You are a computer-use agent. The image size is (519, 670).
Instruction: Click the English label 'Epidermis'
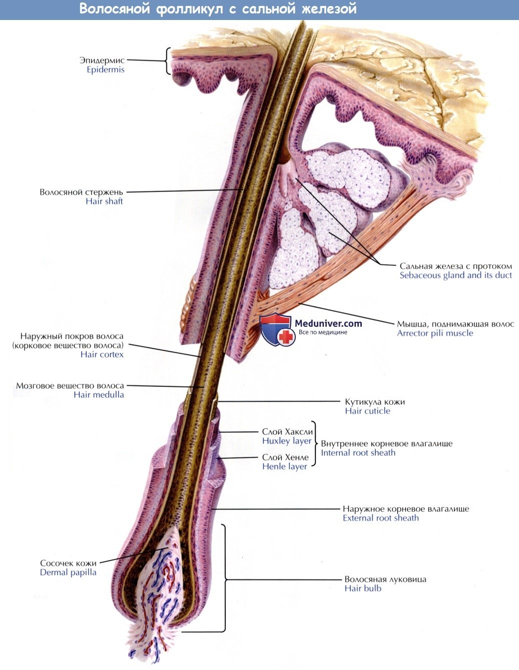[x=105, y=70]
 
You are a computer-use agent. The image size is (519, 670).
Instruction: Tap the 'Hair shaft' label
[x=104, y=201]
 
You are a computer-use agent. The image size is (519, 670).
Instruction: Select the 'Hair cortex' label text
[x=102, y=354]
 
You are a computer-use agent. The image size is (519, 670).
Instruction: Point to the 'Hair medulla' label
[x=99, y=394]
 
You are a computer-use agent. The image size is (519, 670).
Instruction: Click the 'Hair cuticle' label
[x=367, y=411]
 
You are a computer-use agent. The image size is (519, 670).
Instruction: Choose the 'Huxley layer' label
[x=287, y=441]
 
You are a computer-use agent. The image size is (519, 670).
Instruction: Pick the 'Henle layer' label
[x=285, y=466]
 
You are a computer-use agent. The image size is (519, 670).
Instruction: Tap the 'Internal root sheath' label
[x=358, y=453]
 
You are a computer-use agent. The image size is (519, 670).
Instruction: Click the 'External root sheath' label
[x=380, y=518]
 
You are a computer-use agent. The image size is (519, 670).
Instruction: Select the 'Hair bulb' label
[x=363, y=588]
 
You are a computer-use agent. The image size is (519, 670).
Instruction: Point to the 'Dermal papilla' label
[x=68, y=572]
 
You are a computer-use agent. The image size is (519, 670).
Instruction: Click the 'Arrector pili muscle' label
[x=435, y=333]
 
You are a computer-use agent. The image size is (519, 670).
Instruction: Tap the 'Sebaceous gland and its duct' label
[x=455, y=275]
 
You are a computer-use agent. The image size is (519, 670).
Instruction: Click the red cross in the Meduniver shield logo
[x=286, y=337]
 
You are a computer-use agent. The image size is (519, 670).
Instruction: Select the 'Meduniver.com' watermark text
[x=328, y=324]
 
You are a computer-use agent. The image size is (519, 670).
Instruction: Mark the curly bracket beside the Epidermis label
[x=168, y=61]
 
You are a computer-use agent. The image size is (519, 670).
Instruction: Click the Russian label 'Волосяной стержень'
[x=81, y=192]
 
